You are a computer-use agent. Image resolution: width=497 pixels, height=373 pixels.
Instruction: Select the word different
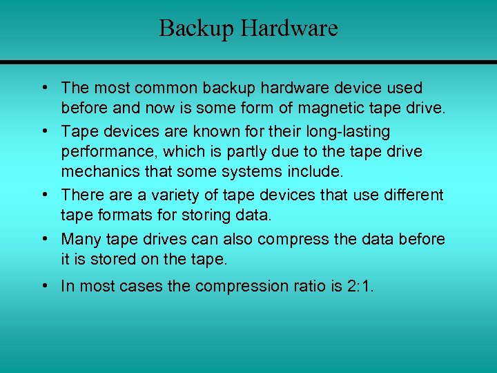click(x=413, y=195)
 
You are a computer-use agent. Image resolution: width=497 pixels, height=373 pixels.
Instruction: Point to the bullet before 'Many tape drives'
click(x=43, y=239)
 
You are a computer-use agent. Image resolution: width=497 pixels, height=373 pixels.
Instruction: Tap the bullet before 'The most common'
click(x=43, y=88)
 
